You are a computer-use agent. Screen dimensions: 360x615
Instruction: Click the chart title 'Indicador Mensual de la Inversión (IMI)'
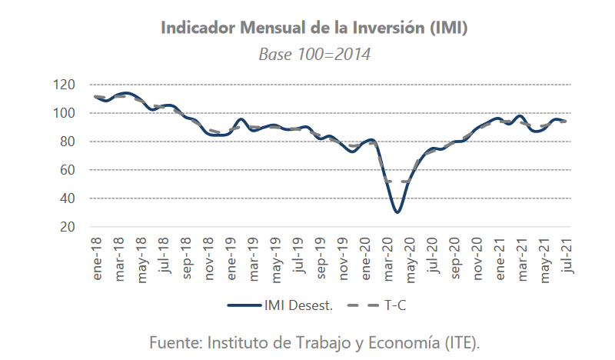314,28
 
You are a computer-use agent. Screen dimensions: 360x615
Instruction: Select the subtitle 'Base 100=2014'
314,55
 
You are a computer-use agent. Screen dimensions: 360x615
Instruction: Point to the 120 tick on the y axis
65,85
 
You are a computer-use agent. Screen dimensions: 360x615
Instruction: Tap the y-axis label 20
68,227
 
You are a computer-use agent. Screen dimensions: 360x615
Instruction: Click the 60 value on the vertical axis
68,170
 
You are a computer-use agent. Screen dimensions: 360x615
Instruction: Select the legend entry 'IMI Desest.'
281,305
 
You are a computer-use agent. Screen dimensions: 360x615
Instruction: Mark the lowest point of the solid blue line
397,212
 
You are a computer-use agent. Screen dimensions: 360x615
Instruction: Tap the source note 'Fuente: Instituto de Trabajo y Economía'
291,342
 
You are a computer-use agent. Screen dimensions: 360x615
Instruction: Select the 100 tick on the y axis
65,113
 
